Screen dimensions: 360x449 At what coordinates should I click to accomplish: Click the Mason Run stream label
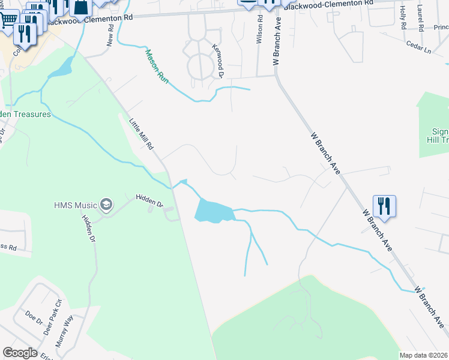pos(155,66)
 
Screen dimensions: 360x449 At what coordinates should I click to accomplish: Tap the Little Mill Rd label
pos(142,134)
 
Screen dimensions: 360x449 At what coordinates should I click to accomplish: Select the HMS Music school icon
pos(107,205)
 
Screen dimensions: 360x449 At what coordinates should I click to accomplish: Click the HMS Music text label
pos(74,205)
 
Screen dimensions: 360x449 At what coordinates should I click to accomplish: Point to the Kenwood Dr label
pos(217,60)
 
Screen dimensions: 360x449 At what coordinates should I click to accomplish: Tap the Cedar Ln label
pos(418,48)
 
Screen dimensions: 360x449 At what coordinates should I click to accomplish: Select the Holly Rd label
pos(403,19)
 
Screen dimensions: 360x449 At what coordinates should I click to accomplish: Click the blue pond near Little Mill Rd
pos(214,212)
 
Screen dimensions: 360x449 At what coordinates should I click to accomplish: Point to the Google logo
pos(20,352)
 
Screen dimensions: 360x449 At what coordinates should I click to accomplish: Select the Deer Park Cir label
pos(56,311)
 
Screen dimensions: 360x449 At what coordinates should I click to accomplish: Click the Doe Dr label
pos(33,318)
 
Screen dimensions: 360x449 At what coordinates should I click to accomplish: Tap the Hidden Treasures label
pos(25,114)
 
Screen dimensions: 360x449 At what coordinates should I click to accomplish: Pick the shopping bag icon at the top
pos(80,7)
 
